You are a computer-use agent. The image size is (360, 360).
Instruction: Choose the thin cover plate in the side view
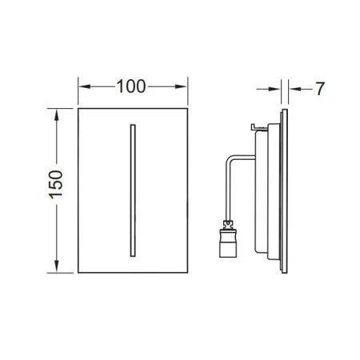click(x=285, y=192)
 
